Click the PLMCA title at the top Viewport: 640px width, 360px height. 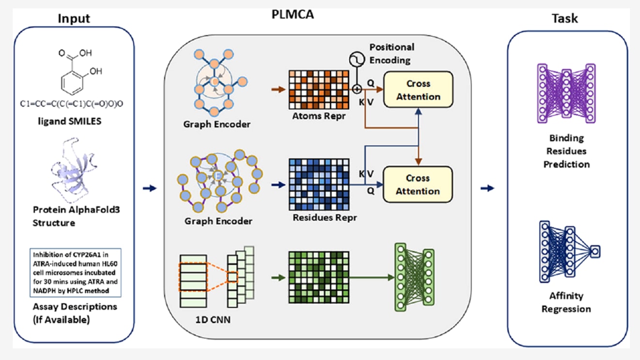pyautogui.click(x=293, y=15)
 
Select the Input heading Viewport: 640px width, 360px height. pyautogui.click(x=74, y=18)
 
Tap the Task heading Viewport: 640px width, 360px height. pyautogui.click(x=564, y=18)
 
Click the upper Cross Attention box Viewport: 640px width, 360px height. pyautogui.click(x=418, y=90)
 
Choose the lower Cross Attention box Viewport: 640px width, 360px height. pyautogui.click(x=418, y=184)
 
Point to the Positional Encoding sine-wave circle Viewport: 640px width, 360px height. pyautogui.click(x=357, y=60)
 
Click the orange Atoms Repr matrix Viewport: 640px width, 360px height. pyautogui.click(x=319, y=90)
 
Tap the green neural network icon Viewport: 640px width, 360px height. pyautogui.click(x=414, y=277)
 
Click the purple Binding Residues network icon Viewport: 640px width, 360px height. pyautogui.click(x=566, y=92)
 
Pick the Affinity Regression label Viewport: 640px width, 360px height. pyautogui.click(x=566, y=302)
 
